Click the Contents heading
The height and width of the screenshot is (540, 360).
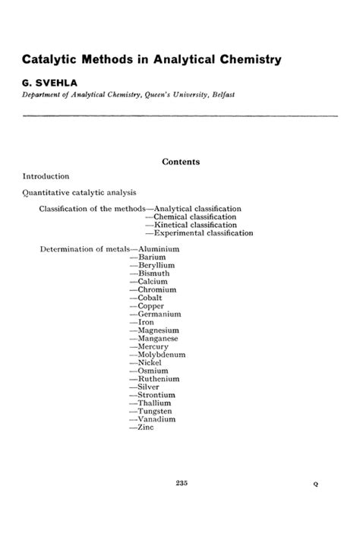point(180,161)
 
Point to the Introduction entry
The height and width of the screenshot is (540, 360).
point(46,176)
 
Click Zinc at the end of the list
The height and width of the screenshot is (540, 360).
point(146,428)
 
